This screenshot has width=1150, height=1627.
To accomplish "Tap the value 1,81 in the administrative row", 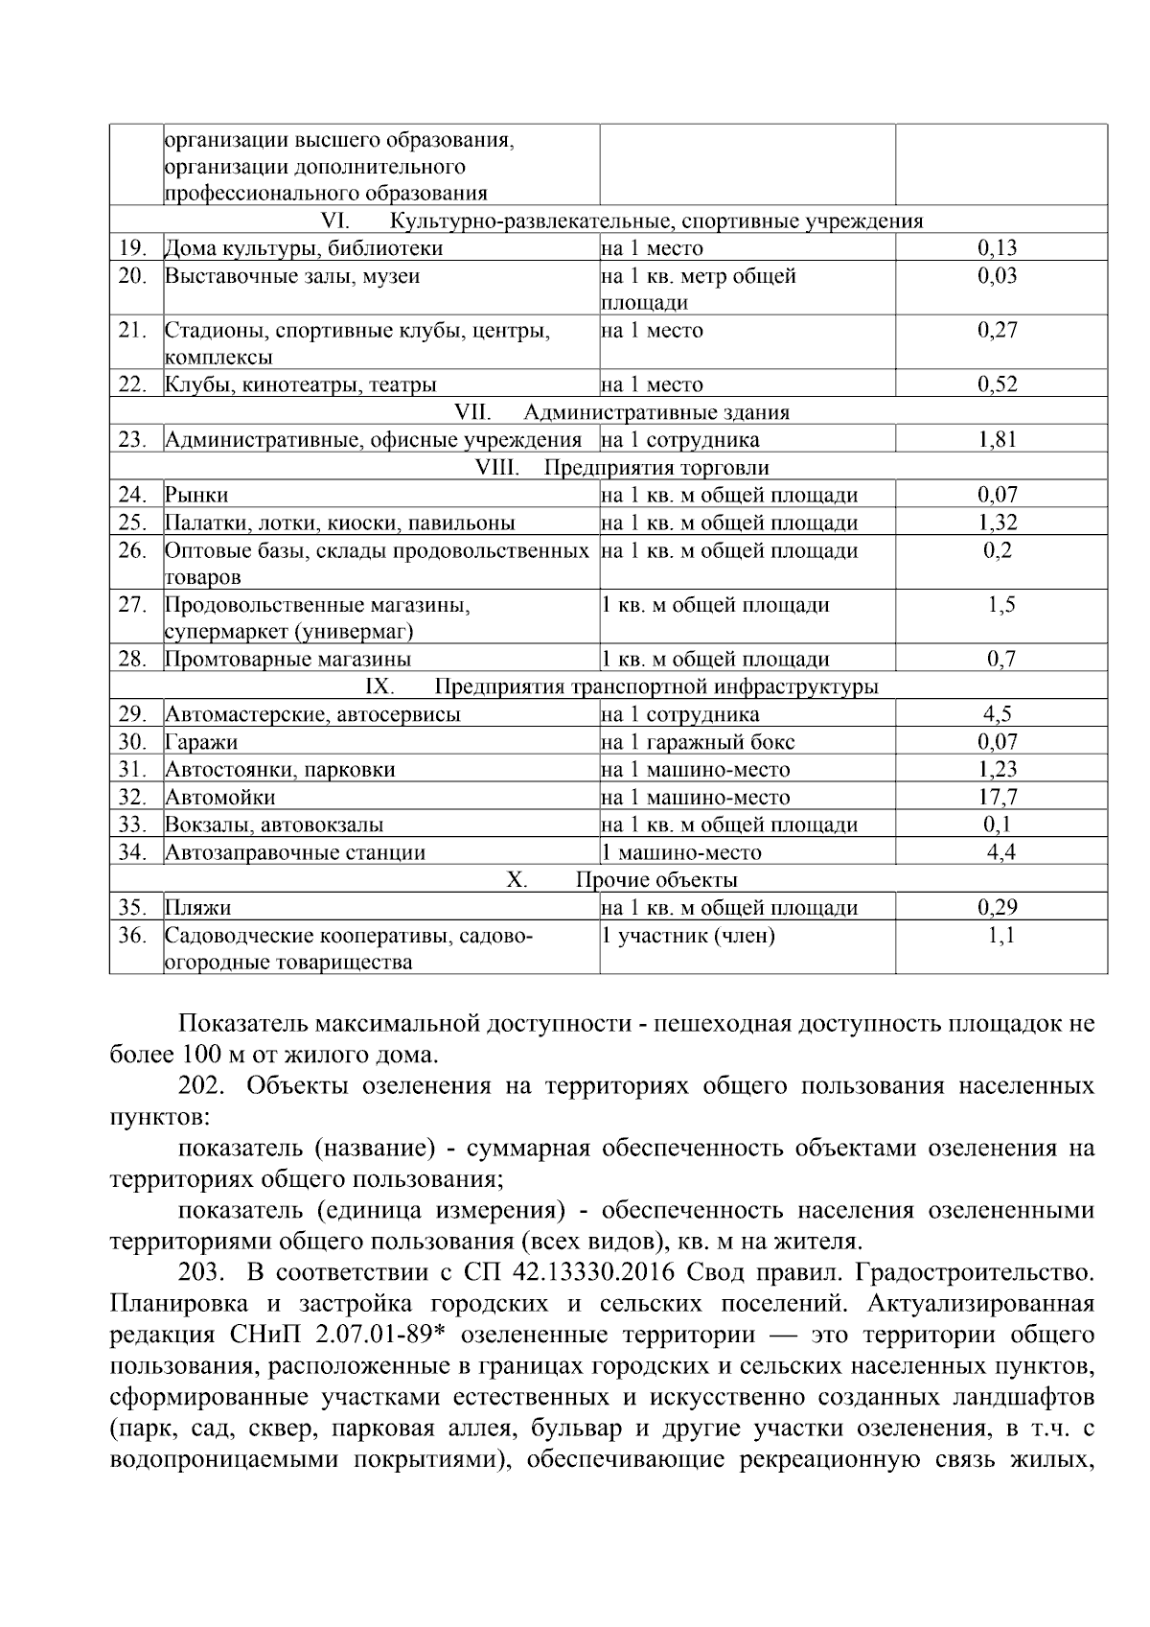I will [998, 440].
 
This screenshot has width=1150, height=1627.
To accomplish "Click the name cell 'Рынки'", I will [196, 495].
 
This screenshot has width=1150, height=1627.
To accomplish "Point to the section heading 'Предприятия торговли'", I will [656, 468].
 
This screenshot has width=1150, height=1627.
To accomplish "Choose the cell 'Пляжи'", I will [197, 907].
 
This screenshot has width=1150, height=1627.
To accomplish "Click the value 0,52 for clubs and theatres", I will [998, 384].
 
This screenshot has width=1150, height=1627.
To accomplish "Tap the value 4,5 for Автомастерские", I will [998, 714].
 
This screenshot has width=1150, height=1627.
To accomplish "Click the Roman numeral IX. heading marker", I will [379, 686].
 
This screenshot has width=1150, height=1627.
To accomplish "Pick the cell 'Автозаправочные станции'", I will [295, 852].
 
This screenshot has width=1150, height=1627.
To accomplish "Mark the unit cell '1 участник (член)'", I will [688, 935].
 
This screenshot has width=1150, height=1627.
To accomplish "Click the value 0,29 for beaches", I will [998, 907].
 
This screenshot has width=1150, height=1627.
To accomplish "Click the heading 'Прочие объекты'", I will [656, 879].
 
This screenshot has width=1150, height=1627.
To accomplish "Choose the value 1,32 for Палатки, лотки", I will [998, 523].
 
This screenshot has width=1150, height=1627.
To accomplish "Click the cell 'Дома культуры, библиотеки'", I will [304, 248].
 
